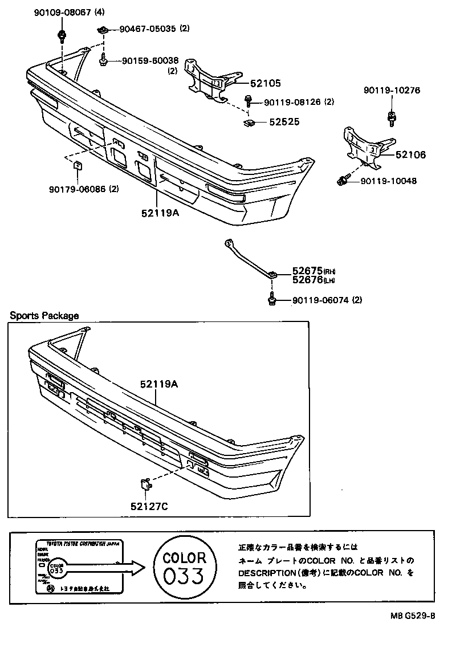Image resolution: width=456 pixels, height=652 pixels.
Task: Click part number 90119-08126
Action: pyautogui.click(x=292, y=103)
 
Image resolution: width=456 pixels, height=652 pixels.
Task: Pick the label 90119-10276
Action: pyautogui.click(x=392, y=90)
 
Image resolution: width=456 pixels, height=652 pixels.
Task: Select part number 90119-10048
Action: pyautogui.click(x=388, y=181)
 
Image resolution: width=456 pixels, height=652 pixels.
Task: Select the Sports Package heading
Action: pyautogui.click(x=44, y=316)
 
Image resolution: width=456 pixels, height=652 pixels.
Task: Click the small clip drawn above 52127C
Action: pyautogui.click(x=144, y=485)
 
